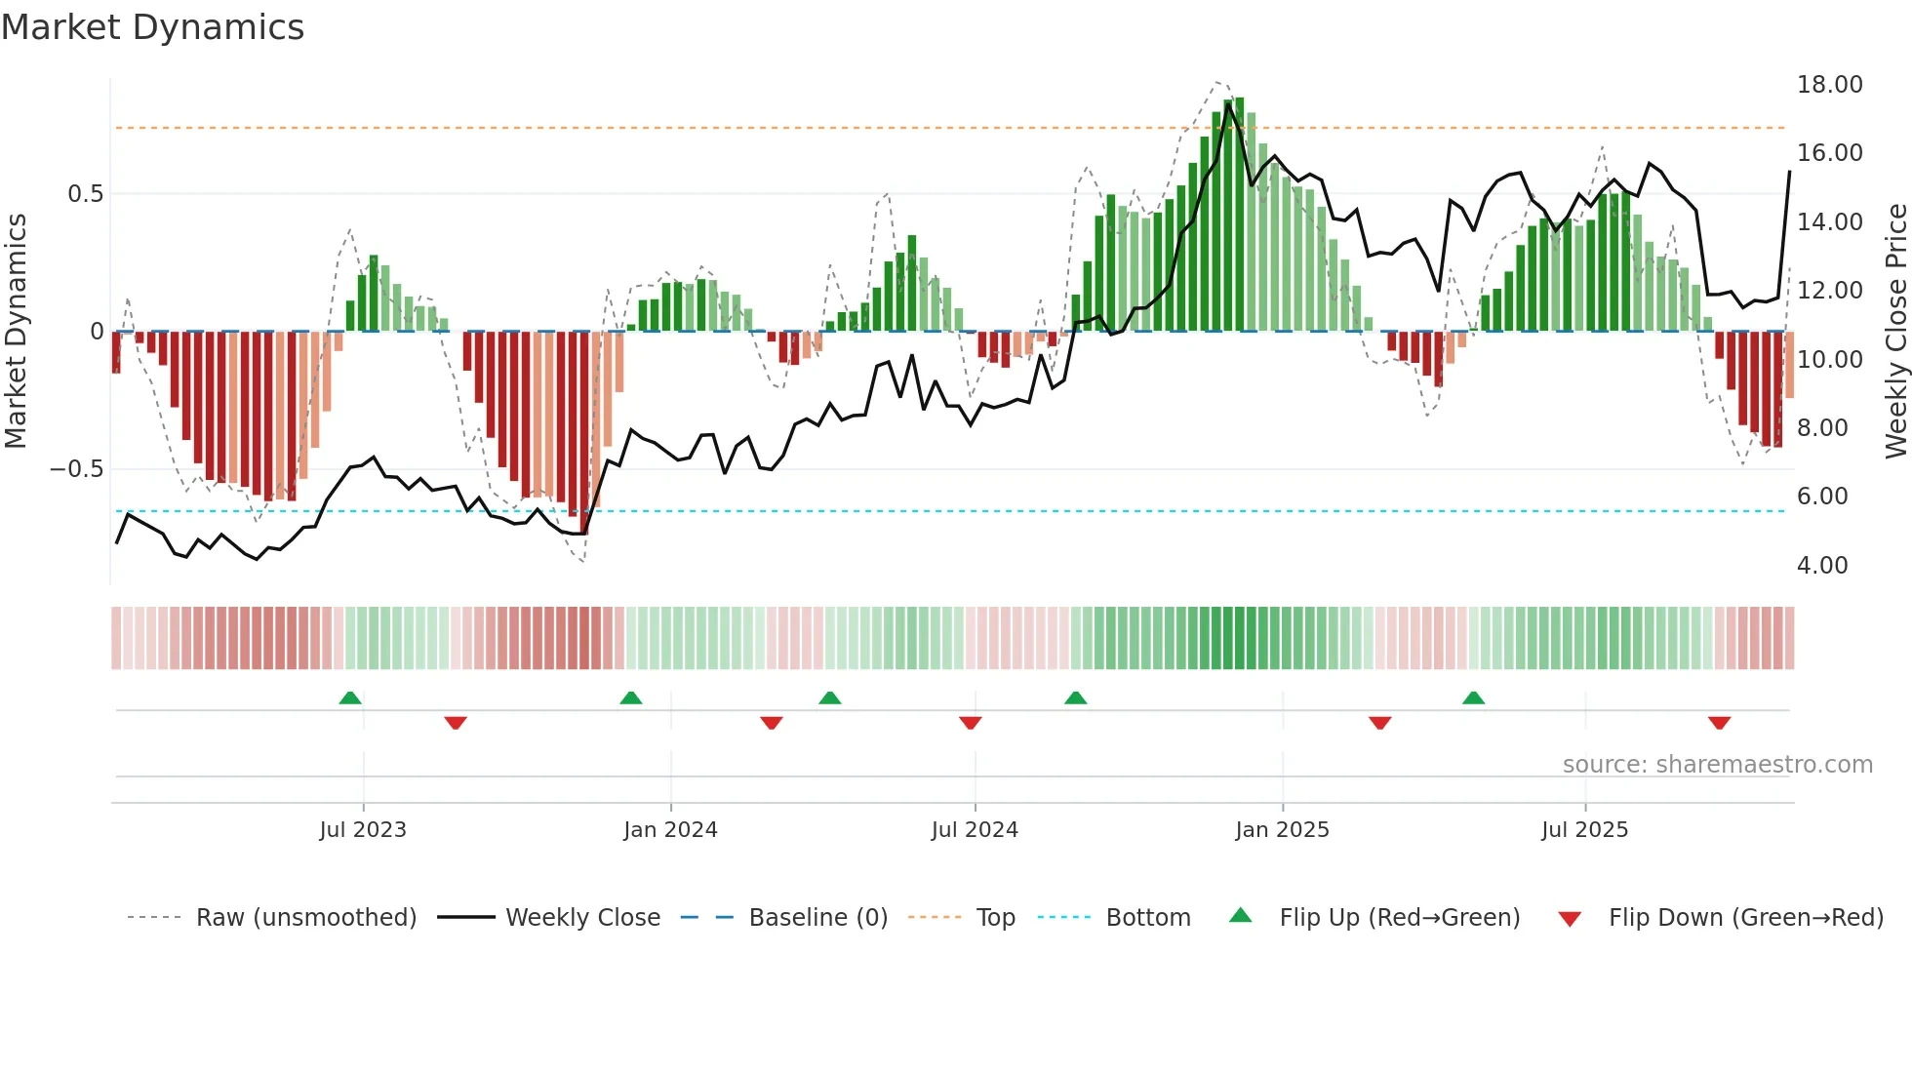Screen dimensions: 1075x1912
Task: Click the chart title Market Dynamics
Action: [x=152, y=27]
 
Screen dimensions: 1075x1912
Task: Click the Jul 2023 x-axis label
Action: [x=363, y=829]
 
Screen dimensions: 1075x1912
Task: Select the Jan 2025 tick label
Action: [x=1282, y=829]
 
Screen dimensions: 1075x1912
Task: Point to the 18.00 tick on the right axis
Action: [x=1829, y=85]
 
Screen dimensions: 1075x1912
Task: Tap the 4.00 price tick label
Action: [x=1821, y=565]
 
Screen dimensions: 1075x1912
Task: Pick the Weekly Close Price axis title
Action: [x=1895, y=331]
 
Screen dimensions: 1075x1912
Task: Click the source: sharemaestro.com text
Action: [x=1717, y=764]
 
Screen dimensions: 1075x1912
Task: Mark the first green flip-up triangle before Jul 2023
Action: [x=350, y=697]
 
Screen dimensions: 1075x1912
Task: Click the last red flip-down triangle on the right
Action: [x=1719, y=723]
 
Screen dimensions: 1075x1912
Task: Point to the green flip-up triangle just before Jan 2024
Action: [x=631, y=697]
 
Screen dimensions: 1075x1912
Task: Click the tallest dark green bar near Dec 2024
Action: [x=1239, y=215]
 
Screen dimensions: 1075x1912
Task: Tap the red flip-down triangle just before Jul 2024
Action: [x=970, y=723]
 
